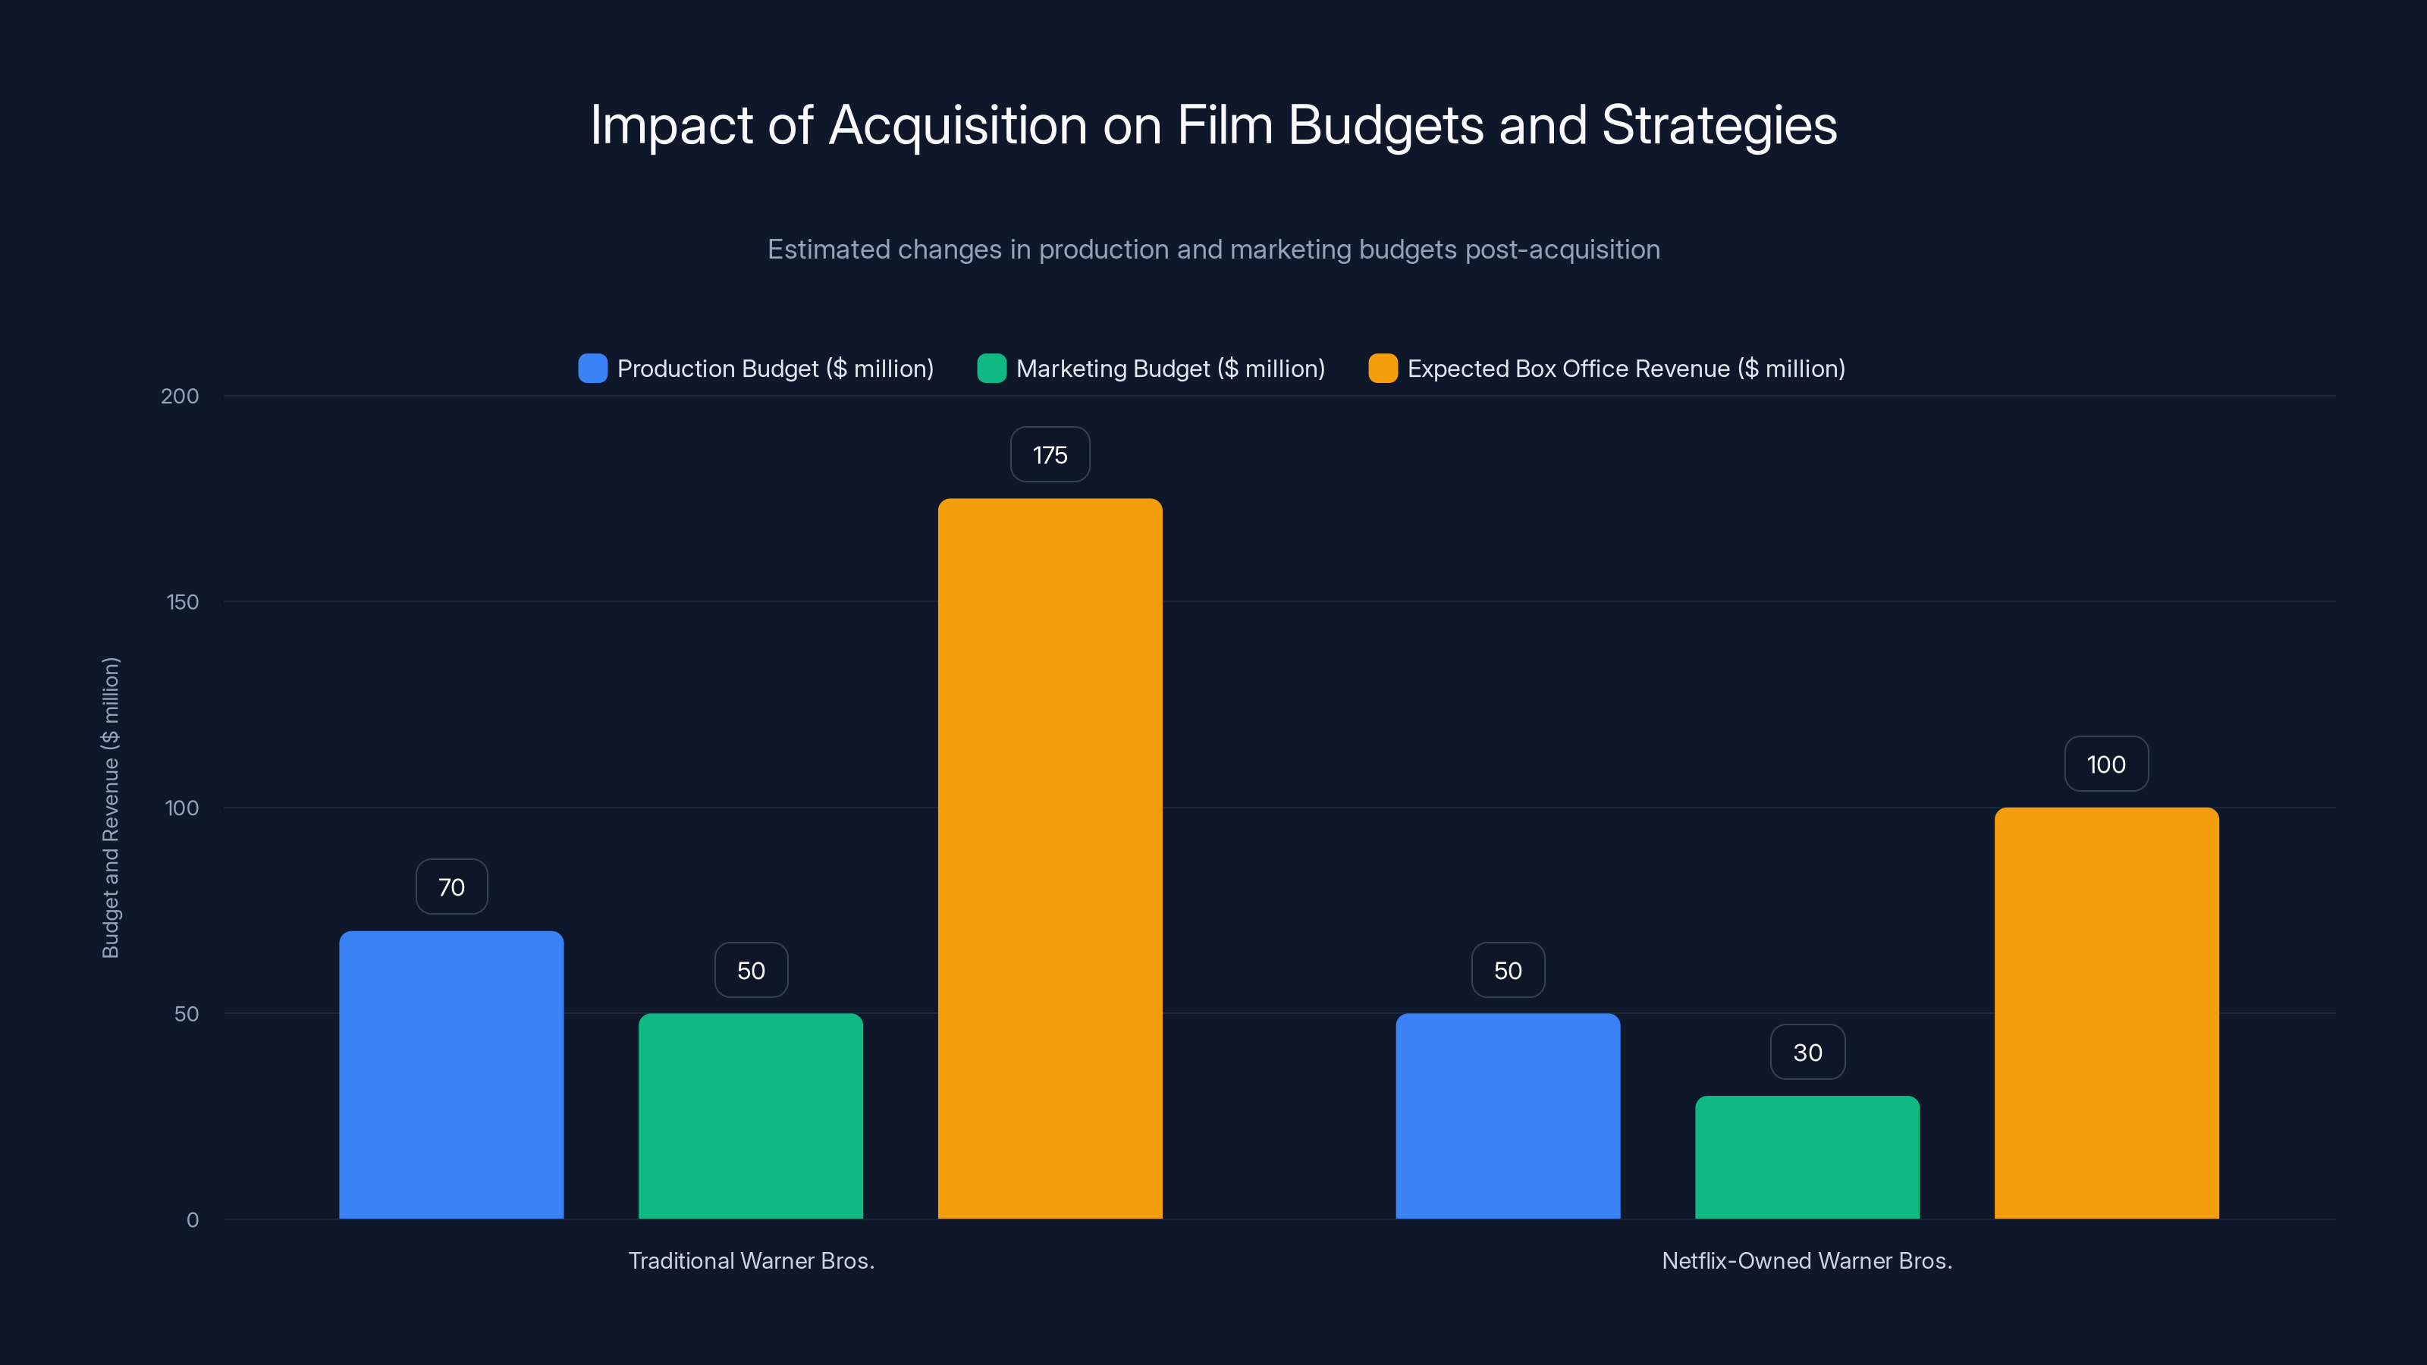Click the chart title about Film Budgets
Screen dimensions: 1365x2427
[1213, 125]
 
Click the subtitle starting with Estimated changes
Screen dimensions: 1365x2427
[1213, 249]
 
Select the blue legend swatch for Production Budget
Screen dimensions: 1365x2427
[592, 369]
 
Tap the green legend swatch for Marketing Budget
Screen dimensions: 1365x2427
[991, 369]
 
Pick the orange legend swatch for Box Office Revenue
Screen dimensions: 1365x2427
[1382, 369]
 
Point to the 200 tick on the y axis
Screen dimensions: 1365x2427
[180, 397]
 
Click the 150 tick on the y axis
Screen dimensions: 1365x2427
[183, 602]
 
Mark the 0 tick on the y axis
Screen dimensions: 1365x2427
[192, 1220]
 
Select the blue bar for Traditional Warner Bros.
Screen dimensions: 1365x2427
[451, 1075]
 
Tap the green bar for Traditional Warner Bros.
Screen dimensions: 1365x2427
[751, 1116]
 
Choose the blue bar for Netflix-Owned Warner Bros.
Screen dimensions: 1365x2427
[1508, 1116]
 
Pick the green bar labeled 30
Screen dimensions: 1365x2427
[1807, 1158]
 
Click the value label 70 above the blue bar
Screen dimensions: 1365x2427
[451, 886]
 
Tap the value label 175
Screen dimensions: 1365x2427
[1050, 455]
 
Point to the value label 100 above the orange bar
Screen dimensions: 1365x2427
[2105, 764]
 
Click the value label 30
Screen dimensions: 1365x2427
[1807, 1053]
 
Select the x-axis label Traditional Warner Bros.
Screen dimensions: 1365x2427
[751, 1260]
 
